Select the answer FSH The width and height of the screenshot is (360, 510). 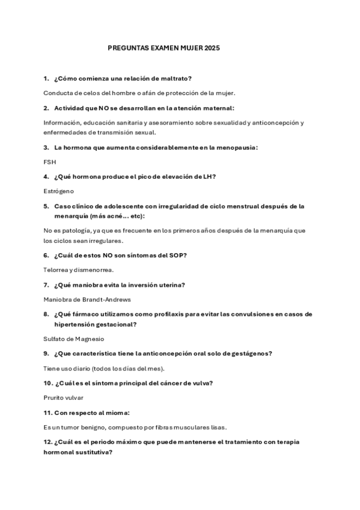click(49, 162)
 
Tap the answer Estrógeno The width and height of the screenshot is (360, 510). click(59, 191)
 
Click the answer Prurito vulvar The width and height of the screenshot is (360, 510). click(64, 398)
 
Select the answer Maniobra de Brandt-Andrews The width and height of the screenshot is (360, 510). click(87, 299)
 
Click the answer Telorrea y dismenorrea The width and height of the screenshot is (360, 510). click(79, 269)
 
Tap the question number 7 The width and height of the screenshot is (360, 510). click(46, 284)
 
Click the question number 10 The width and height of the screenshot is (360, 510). click(48, 383)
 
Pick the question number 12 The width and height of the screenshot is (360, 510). click(48, 442)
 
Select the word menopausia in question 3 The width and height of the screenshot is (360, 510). click(234, 147)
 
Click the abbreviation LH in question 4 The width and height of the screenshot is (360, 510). click(208, 176)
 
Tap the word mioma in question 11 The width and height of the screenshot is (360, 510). click(117, 413)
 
